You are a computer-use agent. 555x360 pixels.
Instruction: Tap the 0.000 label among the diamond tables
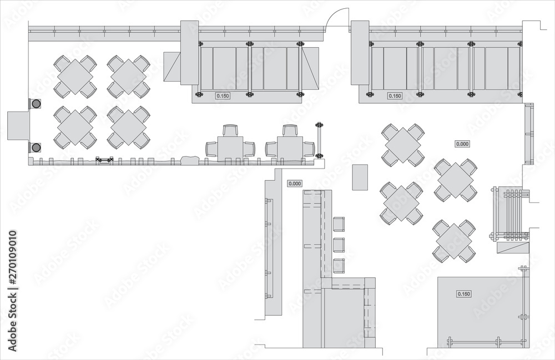pos(462,144)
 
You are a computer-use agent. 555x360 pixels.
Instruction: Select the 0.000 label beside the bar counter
pos(295,183)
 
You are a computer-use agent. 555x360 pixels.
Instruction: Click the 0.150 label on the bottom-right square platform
pos(463,293)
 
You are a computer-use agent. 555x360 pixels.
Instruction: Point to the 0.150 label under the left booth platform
pos(223,96)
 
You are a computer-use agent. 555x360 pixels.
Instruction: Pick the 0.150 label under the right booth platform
pos(395,96)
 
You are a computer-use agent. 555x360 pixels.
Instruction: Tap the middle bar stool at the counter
pos(339,245)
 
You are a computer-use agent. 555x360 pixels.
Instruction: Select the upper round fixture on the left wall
pos(36,104)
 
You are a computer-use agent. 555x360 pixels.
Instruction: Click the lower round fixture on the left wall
pos(36,147)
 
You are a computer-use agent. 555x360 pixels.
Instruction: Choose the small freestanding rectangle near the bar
pos(361,176)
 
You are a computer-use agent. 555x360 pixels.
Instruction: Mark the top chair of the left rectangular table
pos(230,131)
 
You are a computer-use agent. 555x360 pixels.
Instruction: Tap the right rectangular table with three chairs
pos(289,148)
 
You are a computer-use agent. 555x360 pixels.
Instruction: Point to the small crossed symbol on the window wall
pos(104,160)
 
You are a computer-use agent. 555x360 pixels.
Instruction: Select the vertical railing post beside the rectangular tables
pos(319,140)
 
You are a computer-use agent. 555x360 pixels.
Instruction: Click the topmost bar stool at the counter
pos(339,224)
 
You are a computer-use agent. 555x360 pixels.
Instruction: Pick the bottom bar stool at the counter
pos(339,266)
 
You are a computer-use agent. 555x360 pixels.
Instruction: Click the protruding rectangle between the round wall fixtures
pos(18,125)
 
